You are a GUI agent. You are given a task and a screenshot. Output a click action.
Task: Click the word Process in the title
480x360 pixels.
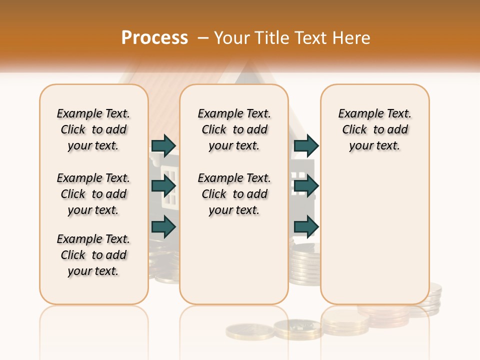(154, 37)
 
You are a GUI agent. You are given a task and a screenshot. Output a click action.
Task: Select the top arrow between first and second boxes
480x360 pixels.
(164, 145)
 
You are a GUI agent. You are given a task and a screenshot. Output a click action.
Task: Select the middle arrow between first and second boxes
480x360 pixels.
(164, 186)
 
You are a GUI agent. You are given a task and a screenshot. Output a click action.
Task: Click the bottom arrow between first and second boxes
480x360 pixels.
(164, 227)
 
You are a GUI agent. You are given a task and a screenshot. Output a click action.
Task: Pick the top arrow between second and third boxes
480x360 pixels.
(306, 145)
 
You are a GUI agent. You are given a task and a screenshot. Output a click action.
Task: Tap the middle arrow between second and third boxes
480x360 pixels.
(306, 186)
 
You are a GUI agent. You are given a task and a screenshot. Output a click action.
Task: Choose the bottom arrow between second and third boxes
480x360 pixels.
(306, 227)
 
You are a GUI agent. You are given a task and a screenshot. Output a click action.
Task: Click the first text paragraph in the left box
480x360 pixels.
(93, 129)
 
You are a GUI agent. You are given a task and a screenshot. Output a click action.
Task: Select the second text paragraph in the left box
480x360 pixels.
(93, 194)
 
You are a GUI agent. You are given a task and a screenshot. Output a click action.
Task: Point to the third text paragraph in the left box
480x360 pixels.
(93, 255)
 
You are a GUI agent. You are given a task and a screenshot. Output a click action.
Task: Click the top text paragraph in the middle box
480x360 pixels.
(234, 129)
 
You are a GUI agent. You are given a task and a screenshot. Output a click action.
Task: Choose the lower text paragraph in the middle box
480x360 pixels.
(234, 194)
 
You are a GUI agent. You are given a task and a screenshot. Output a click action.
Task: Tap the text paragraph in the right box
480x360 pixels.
(374, 129)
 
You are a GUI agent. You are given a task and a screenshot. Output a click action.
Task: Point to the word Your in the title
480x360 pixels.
(231, 38)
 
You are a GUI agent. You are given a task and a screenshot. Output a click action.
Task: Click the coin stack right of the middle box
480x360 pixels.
(305, 265)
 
